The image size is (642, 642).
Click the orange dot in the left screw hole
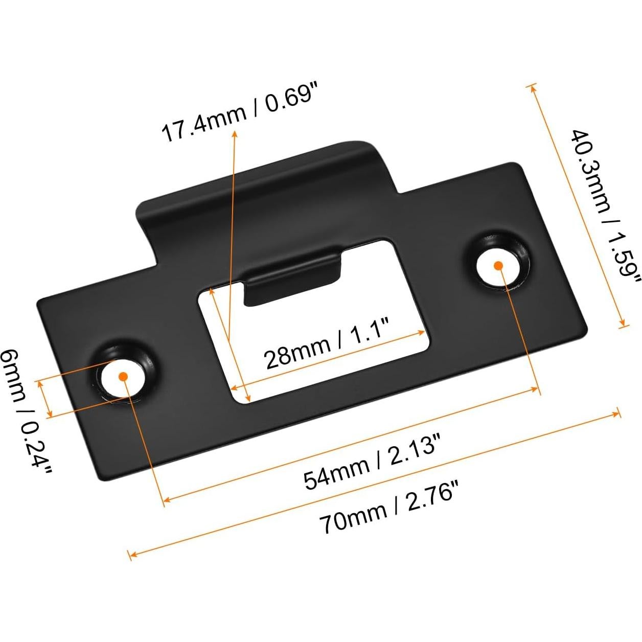[x=122, y=376]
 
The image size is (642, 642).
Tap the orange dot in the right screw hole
[x=498, y=265]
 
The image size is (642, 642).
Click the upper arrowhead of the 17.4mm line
[x=235, y=133]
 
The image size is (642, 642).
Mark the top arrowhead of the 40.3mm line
[x=533, y=87]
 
